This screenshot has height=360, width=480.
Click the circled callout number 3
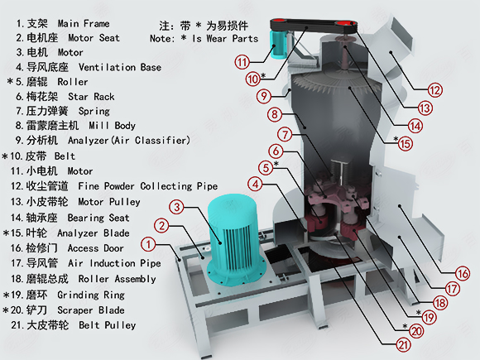177,207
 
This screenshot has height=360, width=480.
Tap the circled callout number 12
434,90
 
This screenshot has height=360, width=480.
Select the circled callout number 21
404,345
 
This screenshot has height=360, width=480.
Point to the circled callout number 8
275,114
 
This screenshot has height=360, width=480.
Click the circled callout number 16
463,273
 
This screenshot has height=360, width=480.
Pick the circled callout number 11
242,63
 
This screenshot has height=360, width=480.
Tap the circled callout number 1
148,245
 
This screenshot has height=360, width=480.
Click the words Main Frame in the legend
84,23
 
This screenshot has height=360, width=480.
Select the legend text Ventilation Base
120,67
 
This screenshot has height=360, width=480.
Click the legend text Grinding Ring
91,295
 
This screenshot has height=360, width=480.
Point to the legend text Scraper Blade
91,310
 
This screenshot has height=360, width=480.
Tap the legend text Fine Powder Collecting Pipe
148,186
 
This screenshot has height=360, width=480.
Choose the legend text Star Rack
91,97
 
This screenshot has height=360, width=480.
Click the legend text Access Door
95,248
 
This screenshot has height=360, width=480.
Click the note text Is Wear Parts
225,39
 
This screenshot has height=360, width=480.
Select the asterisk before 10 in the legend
5,156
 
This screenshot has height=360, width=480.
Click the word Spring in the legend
94,112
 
